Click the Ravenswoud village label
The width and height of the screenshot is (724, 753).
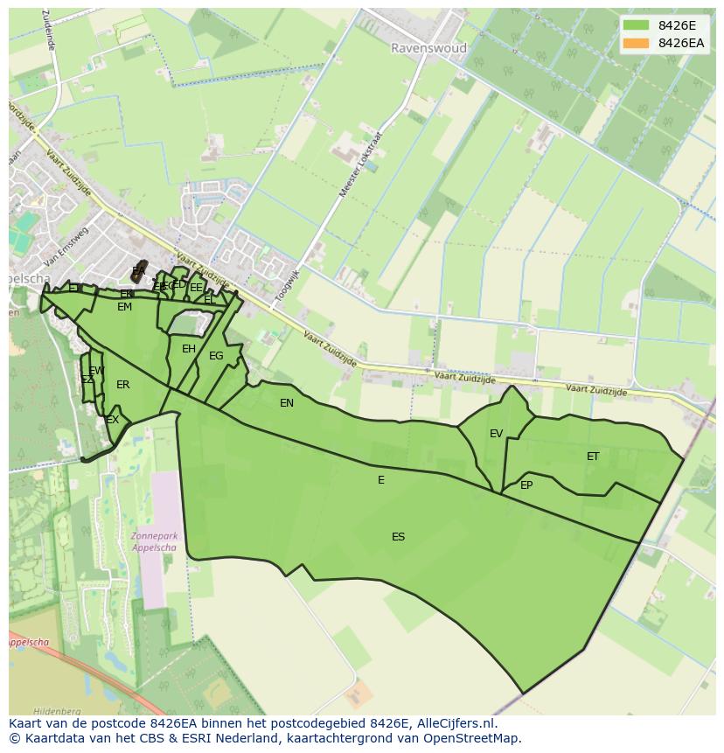pos(428,48)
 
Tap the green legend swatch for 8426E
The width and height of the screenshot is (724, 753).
pos(637,25)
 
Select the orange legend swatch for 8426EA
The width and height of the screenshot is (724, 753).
pos(637,43)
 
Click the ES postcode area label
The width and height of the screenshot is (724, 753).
pos(398,537)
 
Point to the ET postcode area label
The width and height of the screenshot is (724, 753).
pos(593,457)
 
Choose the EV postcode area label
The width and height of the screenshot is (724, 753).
pos(496,434)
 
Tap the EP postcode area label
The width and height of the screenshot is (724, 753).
pos(526,485)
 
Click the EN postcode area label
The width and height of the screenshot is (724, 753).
pos(287,403)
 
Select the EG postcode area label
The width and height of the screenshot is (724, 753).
pos(216,356)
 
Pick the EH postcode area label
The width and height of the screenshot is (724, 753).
pos(189,349)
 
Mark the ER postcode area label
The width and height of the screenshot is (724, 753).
pos(122,385)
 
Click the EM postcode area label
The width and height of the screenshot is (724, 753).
pos(124,307)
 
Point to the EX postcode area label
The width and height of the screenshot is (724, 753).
pos(112,421)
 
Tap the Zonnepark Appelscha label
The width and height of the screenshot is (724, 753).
pos(153,542)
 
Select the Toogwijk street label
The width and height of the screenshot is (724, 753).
pos(287,286)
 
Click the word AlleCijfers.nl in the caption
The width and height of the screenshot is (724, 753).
pos(455,723)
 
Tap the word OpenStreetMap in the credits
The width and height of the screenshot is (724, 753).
pos(473,738)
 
